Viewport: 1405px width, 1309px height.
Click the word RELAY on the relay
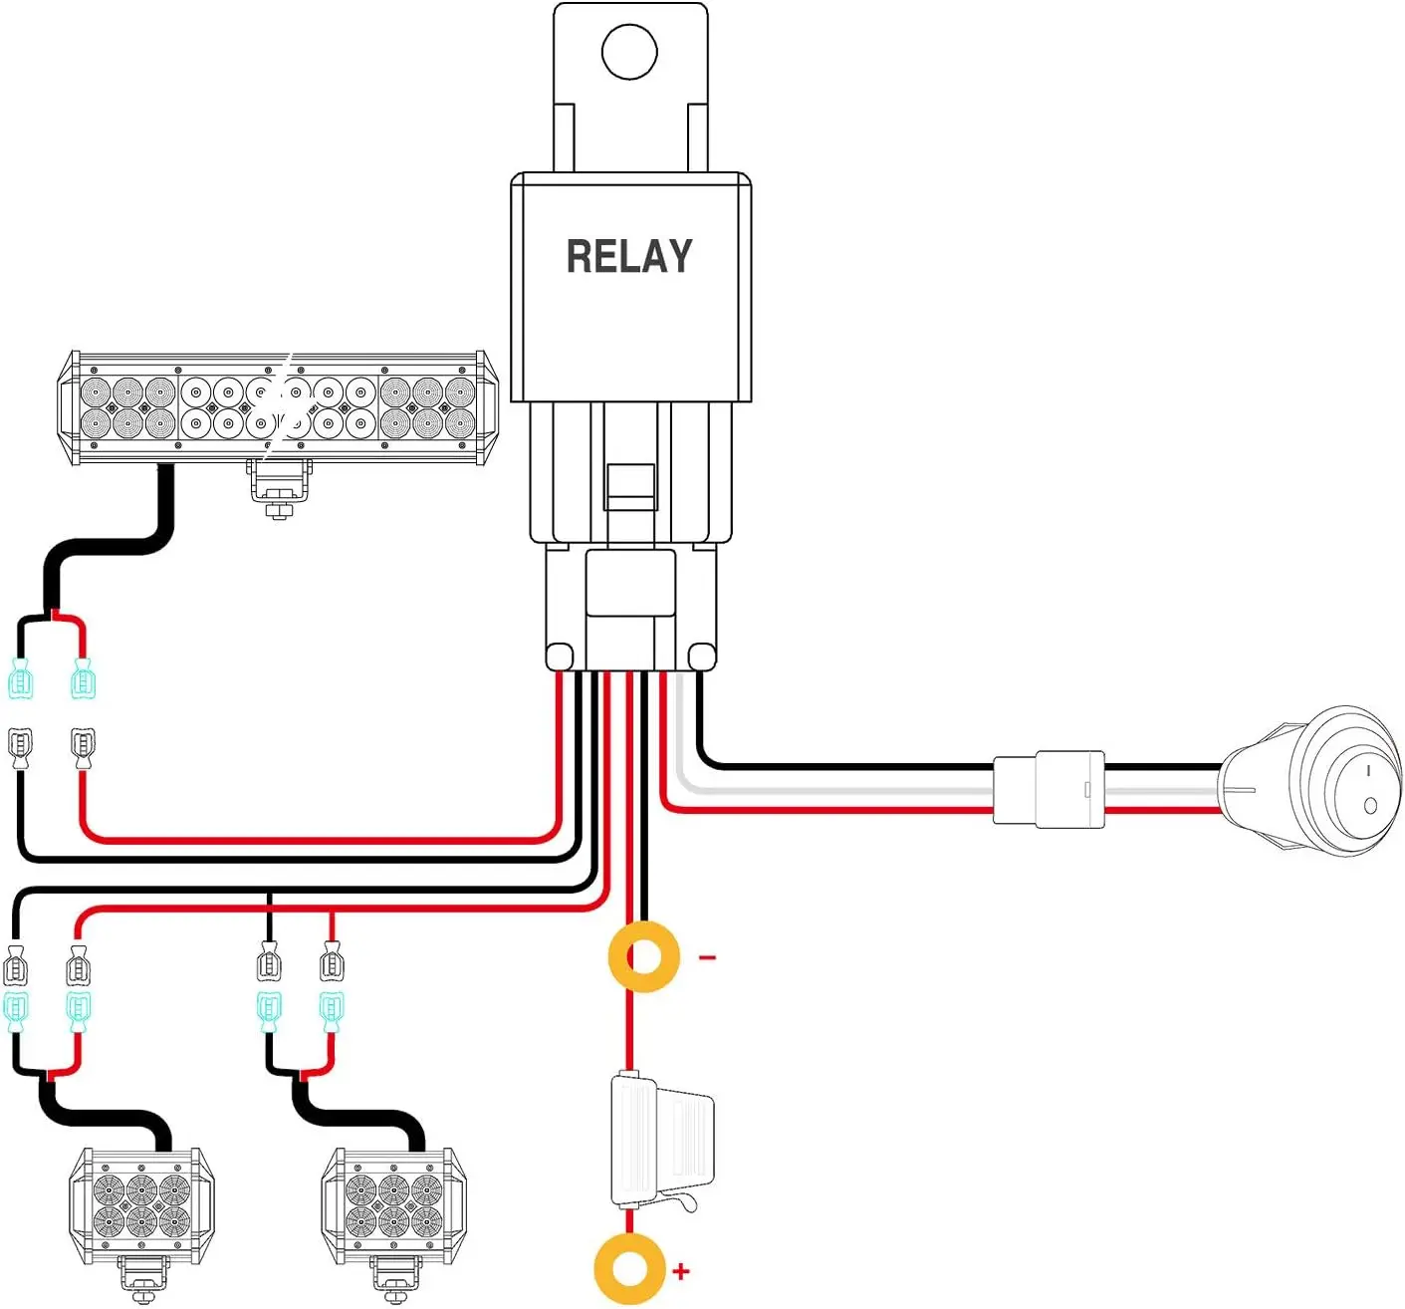coord(629,256)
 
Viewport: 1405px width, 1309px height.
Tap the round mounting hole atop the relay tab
coord(629,51)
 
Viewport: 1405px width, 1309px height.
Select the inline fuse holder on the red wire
coord(659,1141)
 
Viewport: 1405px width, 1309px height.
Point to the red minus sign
coord(707,958)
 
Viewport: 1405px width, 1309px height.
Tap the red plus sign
coord(681,1271)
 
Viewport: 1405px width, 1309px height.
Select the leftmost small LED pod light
coord(141,1206)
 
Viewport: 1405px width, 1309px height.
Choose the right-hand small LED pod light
coord(394,1206)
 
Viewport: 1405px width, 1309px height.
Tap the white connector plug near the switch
coord(1050,789)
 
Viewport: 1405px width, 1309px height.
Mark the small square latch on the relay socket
coord(629,486)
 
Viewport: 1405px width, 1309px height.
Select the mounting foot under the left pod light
coord(141,1279)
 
